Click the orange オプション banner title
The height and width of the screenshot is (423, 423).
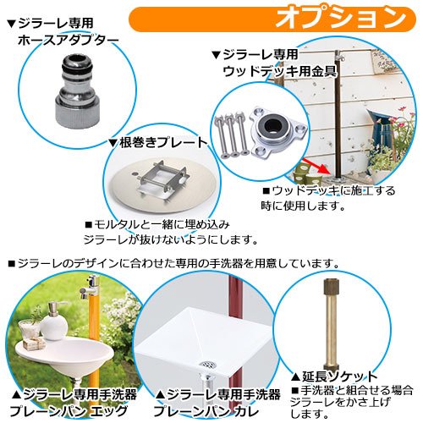pos(341,19)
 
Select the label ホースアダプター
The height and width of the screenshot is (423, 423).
pos(69,40)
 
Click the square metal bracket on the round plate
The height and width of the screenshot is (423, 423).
pos(162,181)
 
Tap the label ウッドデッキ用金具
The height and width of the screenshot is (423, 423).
pos(279,71)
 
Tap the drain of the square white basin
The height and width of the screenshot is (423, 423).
pos(209,364)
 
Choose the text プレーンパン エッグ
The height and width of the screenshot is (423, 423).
pos(69,411)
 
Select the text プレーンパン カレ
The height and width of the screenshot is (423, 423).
pos(206,411)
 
